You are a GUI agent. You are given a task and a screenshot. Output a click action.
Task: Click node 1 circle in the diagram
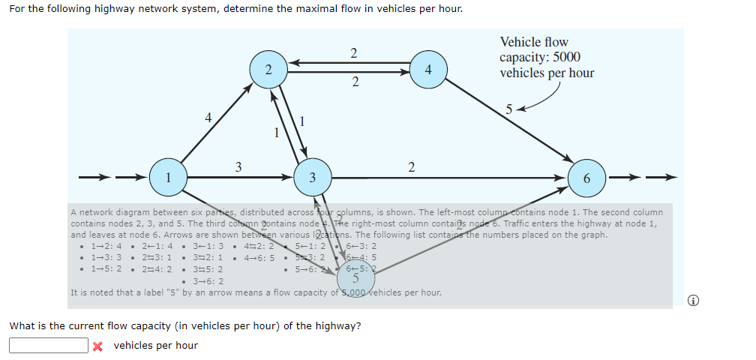(168, 178)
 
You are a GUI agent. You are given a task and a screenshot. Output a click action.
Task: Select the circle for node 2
(268, 70)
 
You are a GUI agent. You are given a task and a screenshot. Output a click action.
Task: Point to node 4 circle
(427, 70)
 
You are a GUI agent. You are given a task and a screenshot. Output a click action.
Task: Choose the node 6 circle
(586, 178)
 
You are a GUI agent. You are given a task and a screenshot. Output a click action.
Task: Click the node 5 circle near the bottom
(356, 279)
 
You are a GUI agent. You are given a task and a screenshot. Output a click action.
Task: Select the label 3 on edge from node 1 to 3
(238, 166)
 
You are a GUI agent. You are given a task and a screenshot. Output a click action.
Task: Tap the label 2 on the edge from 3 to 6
(411, 166)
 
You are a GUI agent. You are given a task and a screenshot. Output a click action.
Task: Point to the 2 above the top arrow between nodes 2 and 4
(353, 52)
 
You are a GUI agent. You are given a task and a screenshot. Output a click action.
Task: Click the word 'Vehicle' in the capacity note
(523, 42)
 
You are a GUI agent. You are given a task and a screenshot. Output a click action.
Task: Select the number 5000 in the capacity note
(565, 57)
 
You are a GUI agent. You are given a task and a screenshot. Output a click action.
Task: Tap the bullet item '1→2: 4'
(106, 245)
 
